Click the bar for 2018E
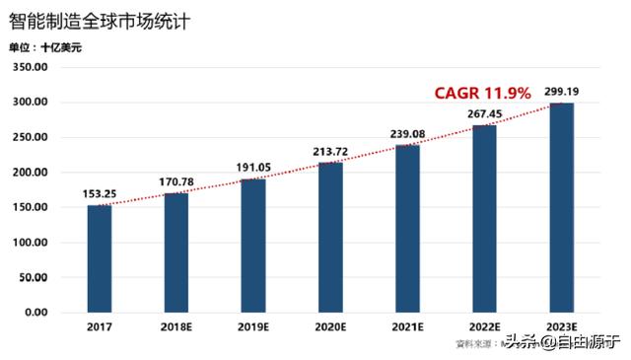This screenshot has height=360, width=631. point(176,252)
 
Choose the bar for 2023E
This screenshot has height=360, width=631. point(561,208)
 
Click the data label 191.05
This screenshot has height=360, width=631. point(253,169)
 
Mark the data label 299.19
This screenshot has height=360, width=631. point(560,93)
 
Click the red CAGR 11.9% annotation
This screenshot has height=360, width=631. point(482,93)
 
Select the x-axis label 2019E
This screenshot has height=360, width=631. point(253,326)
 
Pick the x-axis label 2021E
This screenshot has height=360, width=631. point(408,326)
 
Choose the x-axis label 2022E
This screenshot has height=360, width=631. point(485,326)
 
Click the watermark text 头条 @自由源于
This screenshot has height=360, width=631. point(562,343)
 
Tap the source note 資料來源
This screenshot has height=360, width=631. point(473,343)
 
